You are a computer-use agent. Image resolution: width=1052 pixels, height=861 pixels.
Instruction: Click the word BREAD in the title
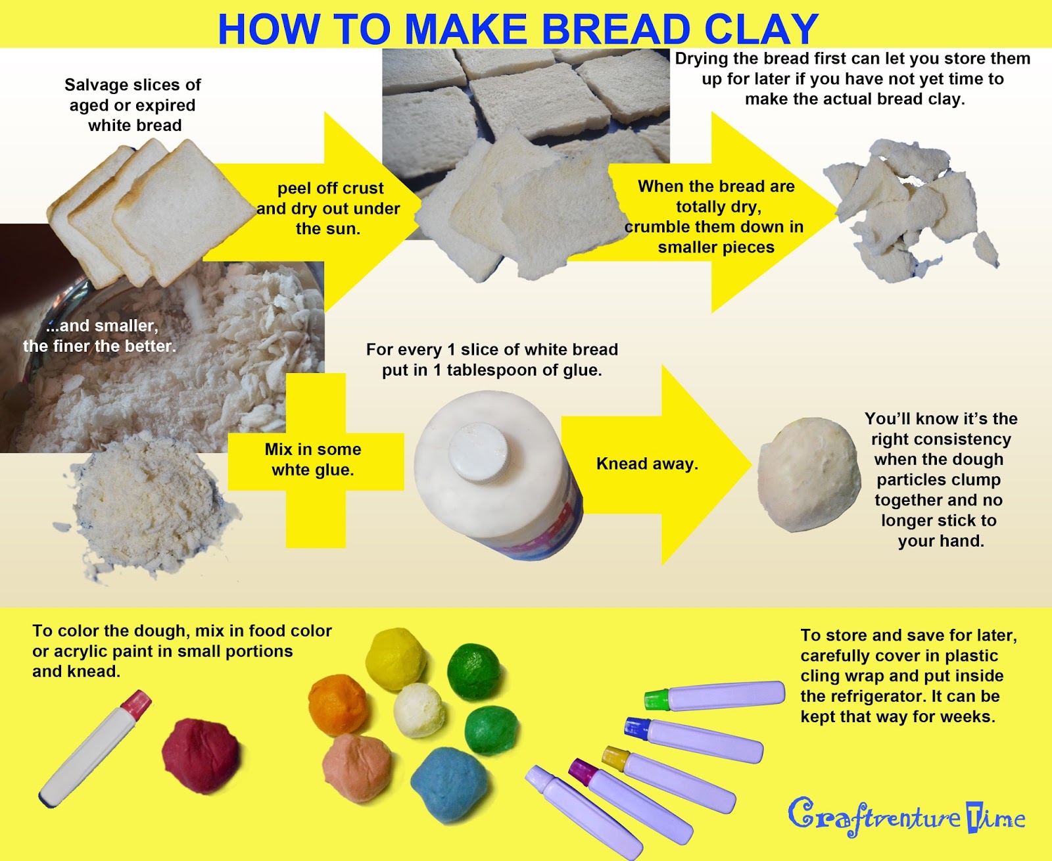(x=615, y=29)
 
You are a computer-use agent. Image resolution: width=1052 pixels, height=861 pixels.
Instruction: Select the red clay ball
(x=201, y=756)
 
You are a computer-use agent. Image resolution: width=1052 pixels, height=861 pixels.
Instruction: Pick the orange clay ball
(x=338, y=704)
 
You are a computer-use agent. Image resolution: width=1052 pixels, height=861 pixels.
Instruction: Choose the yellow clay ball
(x=396, y=658)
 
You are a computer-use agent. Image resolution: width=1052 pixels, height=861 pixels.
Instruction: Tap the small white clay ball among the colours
(x=419, y=710)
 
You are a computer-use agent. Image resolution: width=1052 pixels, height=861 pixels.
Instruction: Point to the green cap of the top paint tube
(x=656, y=699)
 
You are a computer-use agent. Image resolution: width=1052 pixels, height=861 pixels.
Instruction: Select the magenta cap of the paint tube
(x=581, y=771)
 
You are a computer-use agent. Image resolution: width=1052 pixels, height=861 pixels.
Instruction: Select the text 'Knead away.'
(x=647, y=464)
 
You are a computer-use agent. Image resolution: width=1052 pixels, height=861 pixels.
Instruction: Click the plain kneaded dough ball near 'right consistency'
(x=808, y=474)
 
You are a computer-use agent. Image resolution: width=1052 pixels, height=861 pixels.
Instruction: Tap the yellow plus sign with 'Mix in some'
(x=315, y=460)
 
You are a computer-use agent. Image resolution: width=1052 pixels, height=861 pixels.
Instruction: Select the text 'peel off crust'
(x=330, y=188)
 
